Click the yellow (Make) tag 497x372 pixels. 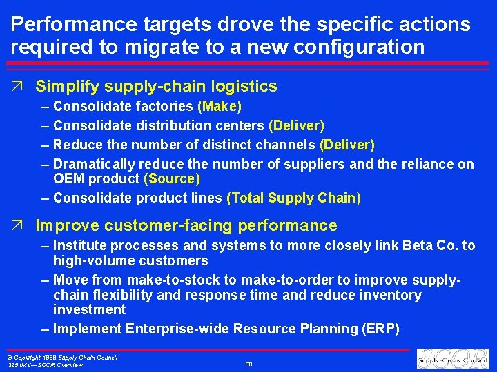(x=220, y=107)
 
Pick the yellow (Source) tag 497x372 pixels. (x=172, y=179)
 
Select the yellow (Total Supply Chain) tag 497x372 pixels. (x=293, y=198)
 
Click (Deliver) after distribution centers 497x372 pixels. (x=297, y=126)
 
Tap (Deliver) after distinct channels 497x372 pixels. (x=347, y=145)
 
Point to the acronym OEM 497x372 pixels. (x=69, y=179)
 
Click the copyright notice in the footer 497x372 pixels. (x=62, y=358)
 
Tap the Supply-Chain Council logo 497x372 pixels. (x=452, y=358)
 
